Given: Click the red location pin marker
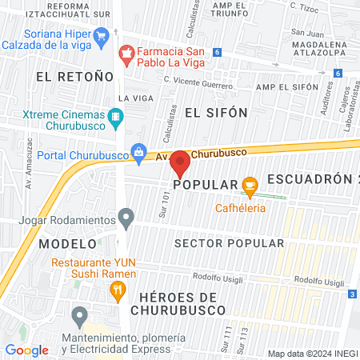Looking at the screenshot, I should point(181,164).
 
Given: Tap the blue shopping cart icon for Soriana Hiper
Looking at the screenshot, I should point(101,36).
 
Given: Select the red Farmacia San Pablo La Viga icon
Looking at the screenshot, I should point(126,54).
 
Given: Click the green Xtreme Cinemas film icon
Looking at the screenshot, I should point(117,118).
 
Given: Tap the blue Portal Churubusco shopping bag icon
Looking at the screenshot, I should point(139,150).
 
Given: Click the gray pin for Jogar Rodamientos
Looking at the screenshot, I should point(126,217).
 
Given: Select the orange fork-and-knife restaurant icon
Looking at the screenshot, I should point(118,290).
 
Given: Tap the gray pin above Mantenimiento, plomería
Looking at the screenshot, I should point(78,318).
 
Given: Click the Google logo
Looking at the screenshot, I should point(26,350).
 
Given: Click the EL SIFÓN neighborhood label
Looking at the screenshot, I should point(216,112).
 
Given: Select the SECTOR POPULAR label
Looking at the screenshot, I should point(229,243).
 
